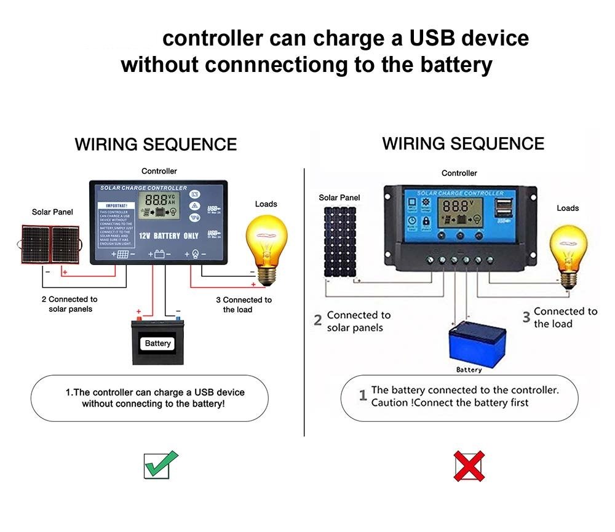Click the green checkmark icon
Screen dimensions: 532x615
(161, 464)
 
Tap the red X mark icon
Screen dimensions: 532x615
(469, 466)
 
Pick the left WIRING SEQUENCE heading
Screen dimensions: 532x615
(156, 145)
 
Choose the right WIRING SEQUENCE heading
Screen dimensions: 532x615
(463, 144)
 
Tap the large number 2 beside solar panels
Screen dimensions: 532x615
(318, 320)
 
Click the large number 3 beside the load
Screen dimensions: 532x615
(526, 317)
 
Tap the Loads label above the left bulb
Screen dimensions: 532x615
(266, 204)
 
